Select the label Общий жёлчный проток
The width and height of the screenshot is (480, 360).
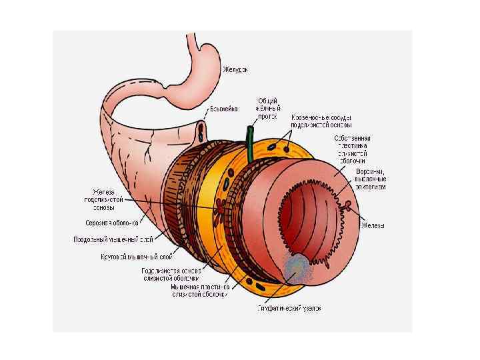269,108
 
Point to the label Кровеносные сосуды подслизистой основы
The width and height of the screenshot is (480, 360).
321,121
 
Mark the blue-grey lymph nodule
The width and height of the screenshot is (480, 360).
297,270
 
